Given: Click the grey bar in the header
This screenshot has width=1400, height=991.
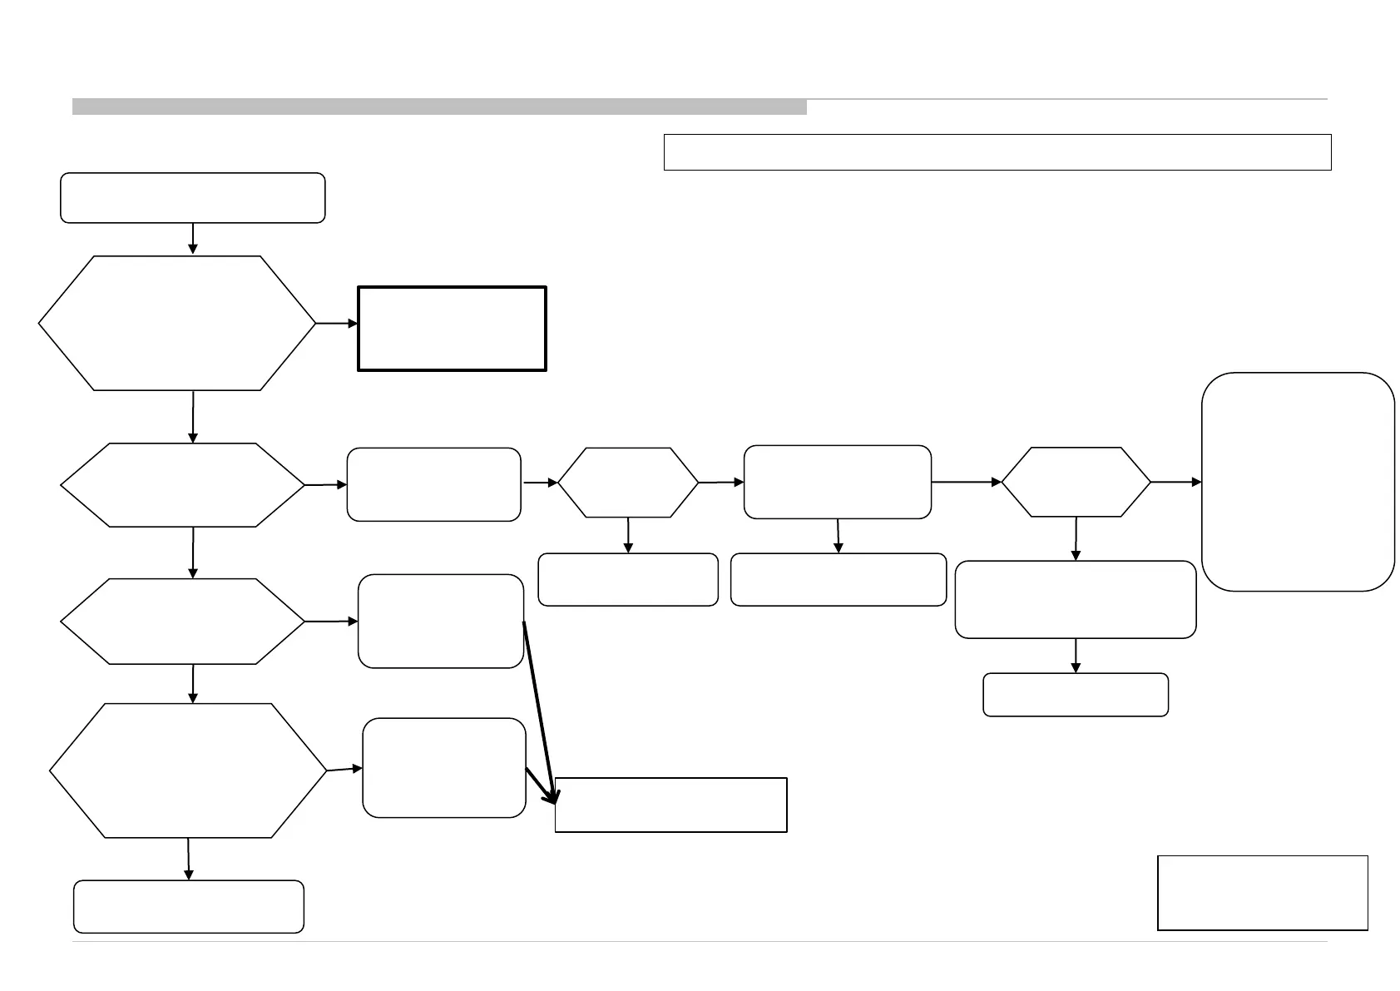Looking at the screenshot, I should (439, 107).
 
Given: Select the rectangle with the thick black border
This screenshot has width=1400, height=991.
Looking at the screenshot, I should (452, 328).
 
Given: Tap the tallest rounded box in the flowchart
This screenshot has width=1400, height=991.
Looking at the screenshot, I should (1298, 481).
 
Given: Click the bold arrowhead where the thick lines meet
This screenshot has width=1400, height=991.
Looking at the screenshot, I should (552, 796).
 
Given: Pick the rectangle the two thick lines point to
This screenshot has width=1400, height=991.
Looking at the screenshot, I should (670, 805).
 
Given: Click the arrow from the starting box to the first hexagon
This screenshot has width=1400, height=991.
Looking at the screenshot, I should (193, 238).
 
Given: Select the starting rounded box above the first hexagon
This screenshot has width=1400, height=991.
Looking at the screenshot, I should (192, 198).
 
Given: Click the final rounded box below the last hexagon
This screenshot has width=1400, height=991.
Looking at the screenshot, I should (189, 906).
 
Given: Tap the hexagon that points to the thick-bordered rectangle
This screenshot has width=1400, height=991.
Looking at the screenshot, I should (177, 323).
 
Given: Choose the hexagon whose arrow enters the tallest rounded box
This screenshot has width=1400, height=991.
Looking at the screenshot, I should (1076, 482).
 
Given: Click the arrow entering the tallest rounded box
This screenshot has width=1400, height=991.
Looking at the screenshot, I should (1176, 482).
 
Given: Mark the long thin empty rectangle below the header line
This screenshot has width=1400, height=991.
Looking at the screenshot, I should (997, 152).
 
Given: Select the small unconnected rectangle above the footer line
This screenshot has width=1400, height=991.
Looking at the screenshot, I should (1262, 892).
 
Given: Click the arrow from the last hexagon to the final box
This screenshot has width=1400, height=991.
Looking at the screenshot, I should (189, 858).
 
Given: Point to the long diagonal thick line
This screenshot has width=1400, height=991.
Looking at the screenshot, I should (536, 707).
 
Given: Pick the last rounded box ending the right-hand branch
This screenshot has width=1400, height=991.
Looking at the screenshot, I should (1076, 695).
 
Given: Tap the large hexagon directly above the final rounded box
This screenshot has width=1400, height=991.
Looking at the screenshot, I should (188, 771).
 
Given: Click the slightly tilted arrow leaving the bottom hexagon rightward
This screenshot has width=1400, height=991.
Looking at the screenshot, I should (344, 770).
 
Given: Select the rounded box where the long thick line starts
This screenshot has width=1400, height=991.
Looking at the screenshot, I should (441, 621).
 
